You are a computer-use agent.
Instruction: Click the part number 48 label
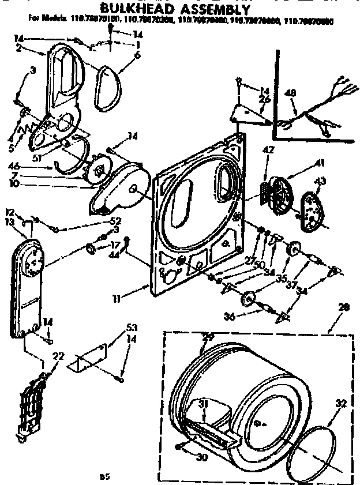tap(290, 93)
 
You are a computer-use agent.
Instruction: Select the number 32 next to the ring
tap(342, 404)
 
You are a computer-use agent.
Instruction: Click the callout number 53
tap(132, 328)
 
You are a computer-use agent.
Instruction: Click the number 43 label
tap(319, 183)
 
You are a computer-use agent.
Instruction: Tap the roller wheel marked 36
tap(249, 299)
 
